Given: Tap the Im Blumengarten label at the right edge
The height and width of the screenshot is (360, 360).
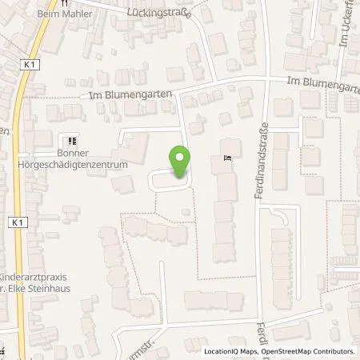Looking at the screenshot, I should coord(322,81).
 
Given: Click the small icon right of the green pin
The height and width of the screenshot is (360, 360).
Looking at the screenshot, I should coord(227,157).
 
